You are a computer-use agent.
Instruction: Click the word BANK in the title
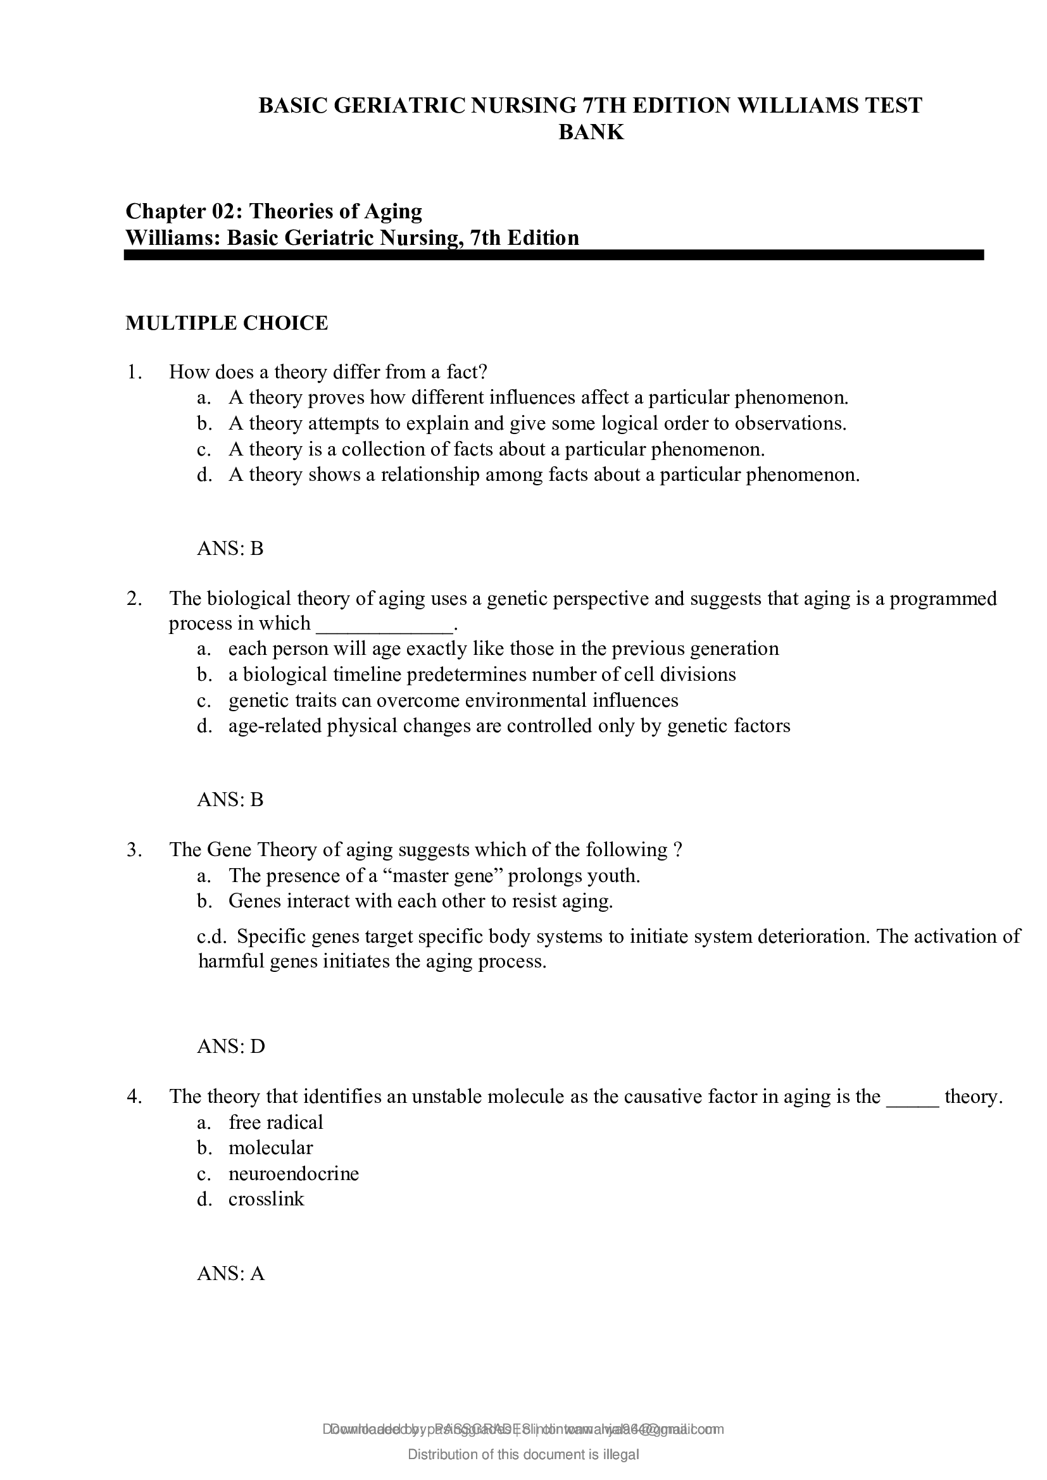(591, 132)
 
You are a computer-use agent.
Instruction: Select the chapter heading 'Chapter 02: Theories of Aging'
(274, 211)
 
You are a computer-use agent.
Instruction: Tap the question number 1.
(134, 372)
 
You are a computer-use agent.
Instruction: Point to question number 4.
(134, 1097)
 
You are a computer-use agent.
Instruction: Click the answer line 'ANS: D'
(231, 1046)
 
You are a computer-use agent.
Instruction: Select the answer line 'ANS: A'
(231, 1273)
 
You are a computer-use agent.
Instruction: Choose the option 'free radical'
(275, 1122)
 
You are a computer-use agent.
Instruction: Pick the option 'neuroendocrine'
(293, 1173)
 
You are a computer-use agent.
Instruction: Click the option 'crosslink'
(266, 1199)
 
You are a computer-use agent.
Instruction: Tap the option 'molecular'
(270, 1147)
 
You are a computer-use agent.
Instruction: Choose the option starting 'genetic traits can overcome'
(453, 700)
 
